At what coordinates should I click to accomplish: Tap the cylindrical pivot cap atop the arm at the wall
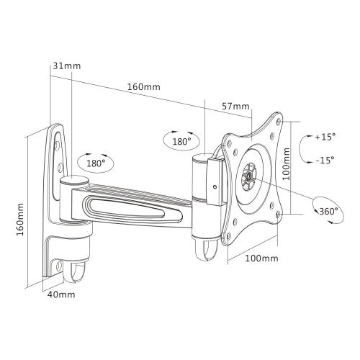coord(71,182)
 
